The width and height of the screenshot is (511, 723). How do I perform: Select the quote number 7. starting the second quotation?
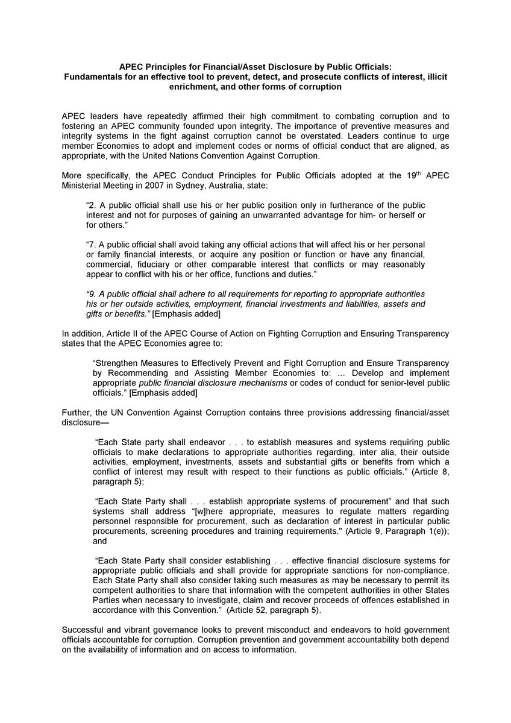90,245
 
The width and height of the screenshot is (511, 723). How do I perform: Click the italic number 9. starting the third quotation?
90,293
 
